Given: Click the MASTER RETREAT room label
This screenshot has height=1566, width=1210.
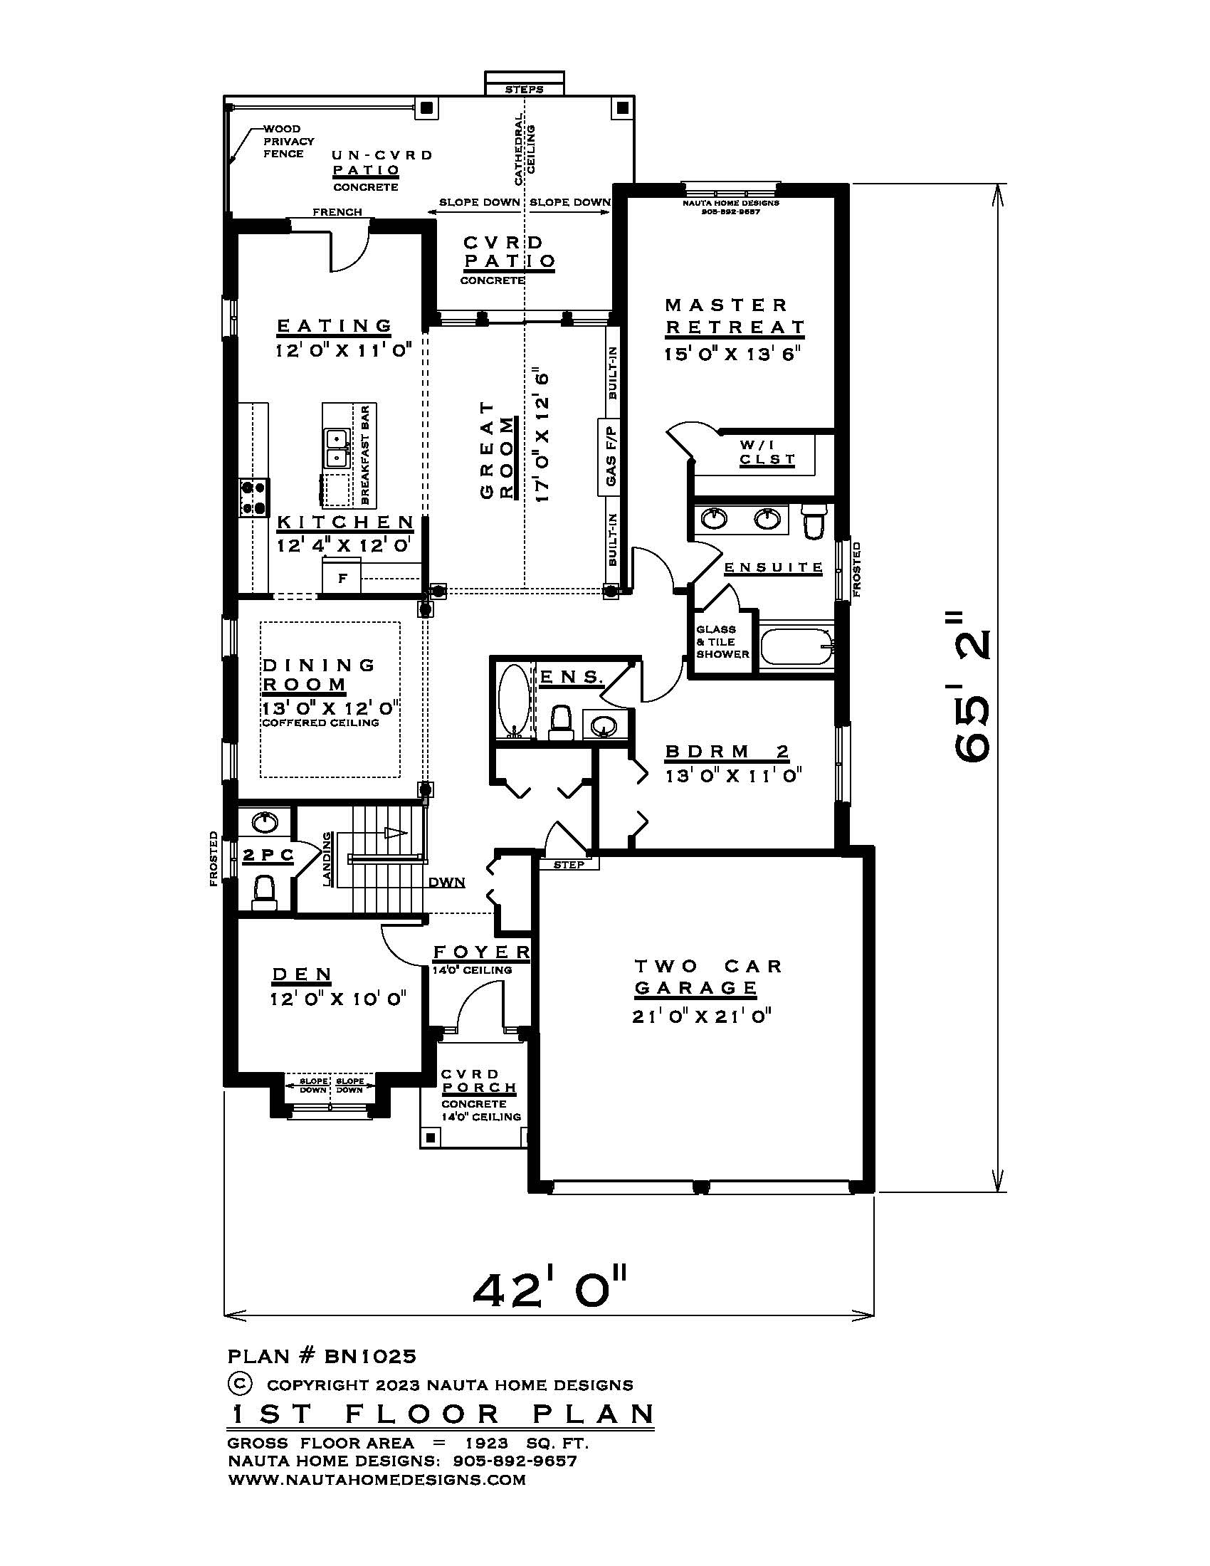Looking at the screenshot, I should tap(734, 316).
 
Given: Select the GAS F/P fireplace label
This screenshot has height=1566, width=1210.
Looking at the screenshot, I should tap(611, 457).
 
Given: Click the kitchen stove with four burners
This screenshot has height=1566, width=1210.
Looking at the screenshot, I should tap(254, 497).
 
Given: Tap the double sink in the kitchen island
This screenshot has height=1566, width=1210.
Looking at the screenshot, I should tap(335, 448).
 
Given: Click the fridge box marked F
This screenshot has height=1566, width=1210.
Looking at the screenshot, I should tap(342, 578).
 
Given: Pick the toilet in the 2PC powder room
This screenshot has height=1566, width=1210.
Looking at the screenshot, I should tap(264, 893).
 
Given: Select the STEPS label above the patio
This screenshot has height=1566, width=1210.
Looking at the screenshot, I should tap(524, 90).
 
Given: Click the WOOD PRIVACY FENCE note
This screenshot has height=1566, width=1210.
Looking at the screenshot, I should tap(288, 141).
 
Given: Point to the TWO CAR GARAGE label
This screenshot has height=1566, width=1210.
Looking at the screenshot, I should tap(706, 977).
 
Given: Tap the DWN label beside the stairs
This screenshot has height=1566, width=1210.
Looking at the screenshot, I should tap(446, 882).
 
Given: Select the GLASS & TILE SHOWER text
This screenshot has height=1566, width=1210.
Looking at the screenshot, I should tap(722, 643).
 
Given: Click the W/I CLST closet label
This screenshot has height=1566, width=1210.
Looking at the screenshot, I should tap(767, 453).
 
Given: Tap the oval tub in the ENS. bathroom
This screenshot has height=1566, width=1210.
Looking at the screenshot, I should tap(513, 700).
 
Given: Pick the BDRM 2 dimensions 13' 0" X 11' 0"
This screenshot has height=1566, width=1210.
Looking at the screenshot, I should tap(732, 776).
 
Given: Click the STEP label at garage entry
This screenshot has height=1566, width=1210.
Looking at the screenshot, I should tap(569, 865).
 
